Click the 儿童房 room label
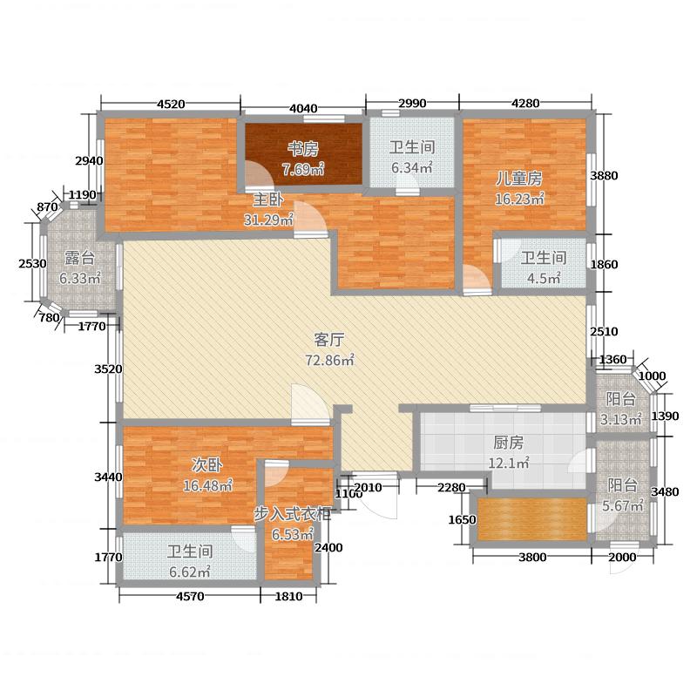[x=519, y=178]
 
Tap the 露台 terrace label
[x=79, y=259]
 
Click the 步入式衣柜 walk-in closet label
[x=293, y=514]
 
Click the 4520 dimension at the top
[x=171, y=104]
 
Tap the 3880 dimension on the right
[x=605, y=175]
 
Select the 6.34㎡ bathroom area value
[x=411, y=167]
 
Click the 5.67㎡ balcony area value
[x=624, y=505]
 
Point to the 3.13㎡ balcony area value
[x=624, y=419]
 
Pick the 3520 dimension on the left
[x=108, y=369]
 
